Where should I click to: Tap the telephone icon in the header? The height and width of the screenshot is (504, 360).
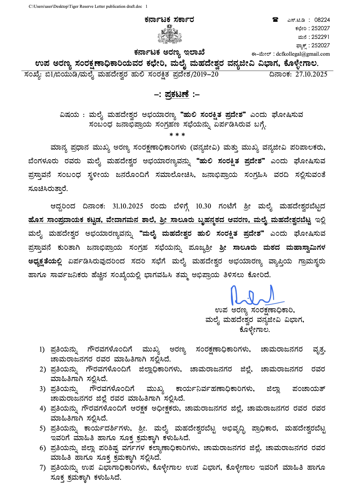point(275,20)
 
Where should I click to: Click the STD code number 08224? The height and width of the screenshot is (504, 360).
point(322,20)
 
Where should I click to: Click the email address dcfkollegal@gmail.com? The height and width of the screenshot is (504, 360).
point(303,54)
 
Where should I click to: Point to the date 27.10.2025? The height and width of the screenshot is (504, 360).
point(311,74)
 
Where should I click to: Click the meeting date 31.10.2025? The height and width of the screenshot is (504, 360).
point(128,206)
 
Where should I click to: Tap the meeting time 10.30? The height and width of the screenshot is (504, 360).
point(203,206)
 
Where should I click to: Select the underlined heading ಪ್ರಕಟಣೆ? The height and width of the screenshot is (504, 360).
point(177,94)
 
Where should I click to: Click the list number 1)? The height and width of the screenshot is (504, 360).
point(42,350)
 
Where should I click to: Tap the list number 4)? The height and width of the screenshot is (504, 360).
point(42,408)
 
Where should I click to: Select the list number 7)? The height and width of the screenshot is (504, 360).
point(42,468)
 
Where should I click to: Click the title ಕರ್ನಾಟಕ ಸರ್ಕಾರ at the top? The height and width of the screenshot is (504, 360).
point(169,20)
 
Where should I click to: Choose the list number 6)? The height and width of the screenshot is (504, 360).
point(42,448)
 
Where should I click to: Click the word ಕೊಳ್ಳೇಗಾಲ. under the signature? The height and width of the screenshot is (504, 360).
point(254,329)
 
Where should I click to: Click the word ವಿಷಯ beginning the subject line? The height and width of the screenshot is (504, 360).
point(69,115)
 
